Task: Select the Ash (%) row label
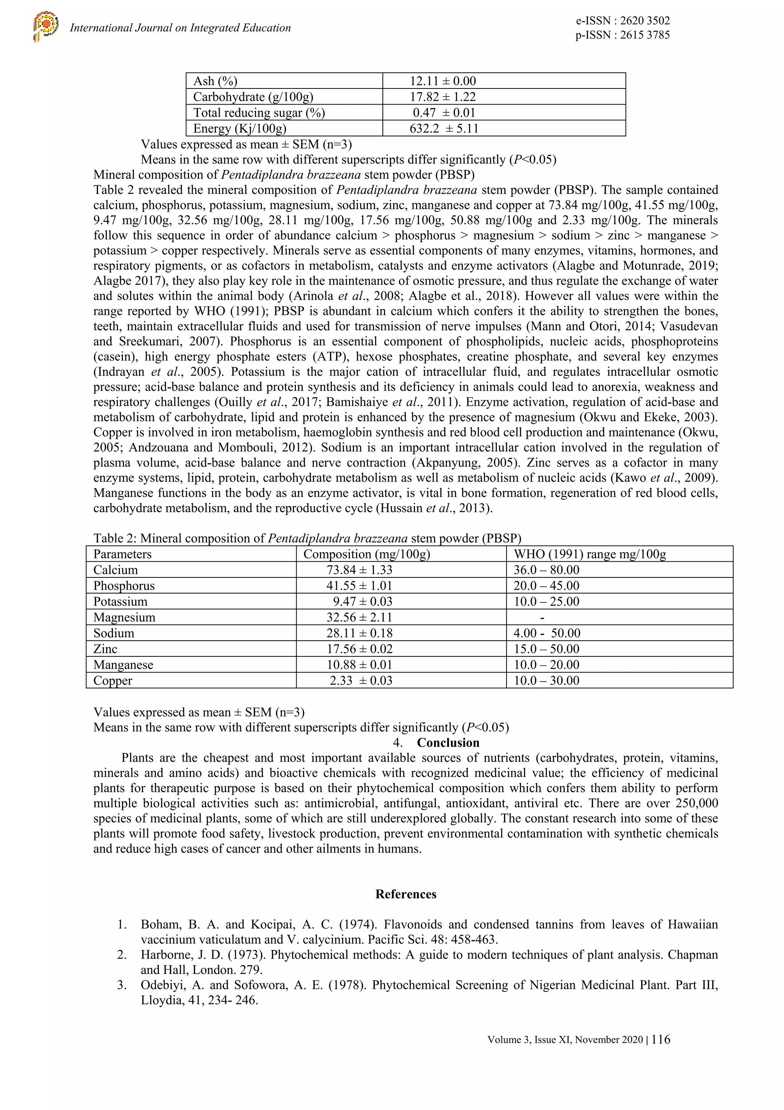click(216, 81)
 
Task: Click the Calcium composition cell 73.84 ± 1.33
click(359, 570)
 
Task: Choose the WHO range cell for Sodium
click(547, 633)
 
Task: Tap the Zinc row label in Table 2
click(105, 649)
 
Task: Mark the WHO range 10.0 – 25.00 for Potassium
click(546, 602)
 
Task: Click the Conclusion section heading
click(448, 743)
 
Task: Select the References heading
click(406, 894)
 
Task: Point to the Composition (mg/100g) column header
click(367, 554)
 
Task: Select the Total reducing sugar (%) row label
click(259, 113)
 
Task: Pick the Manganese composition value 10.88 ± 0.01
click(359, 665)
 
